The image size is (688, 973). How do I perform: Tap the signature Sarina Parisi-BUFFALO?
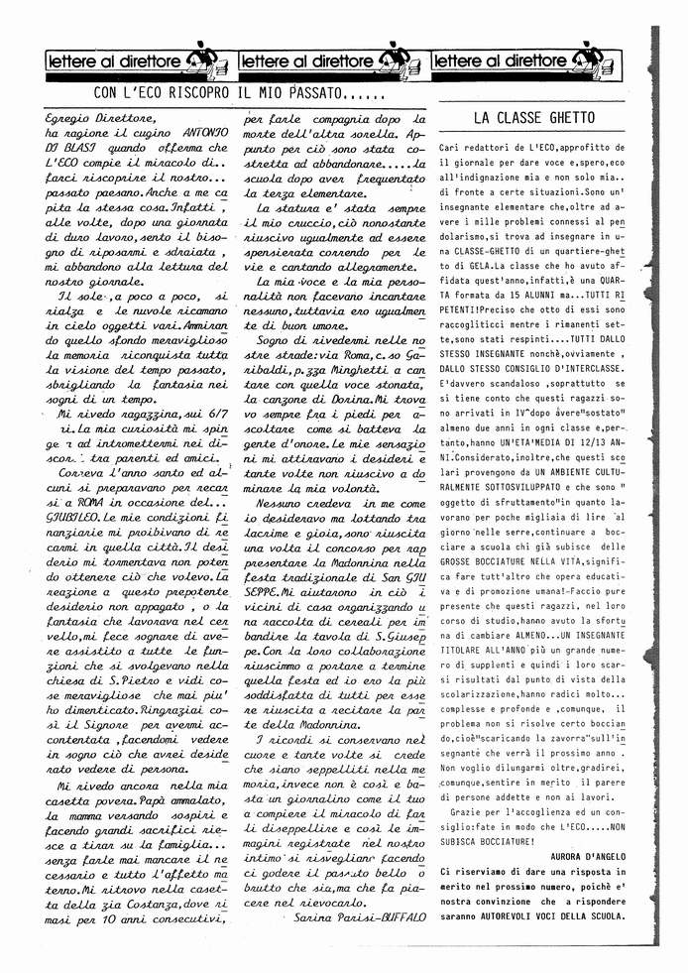[x=360, y=918]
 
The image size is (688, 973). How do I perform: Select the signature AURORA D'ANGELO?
[x=586, y=854]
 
